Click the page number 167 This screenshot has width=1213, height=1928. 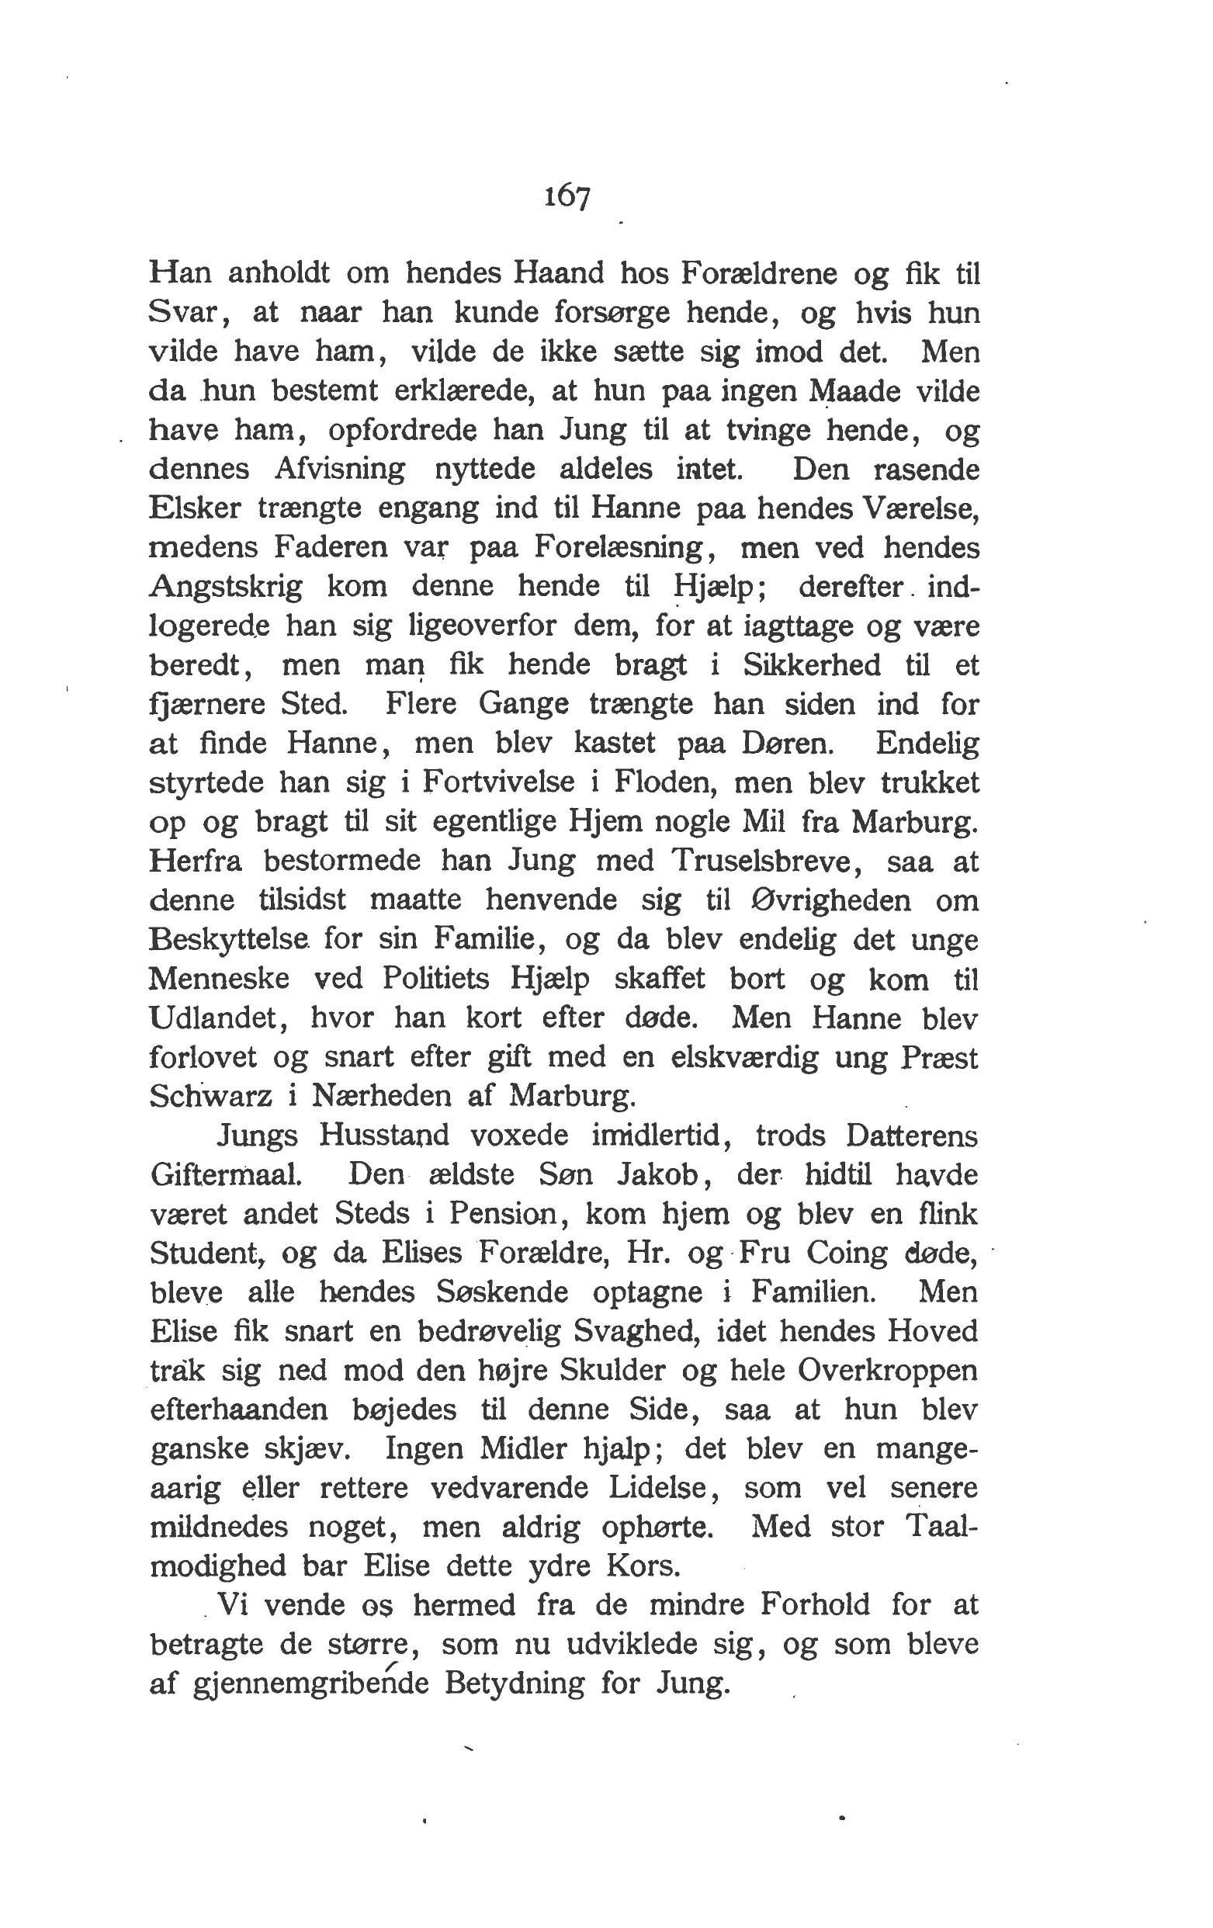pos(567,196)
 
